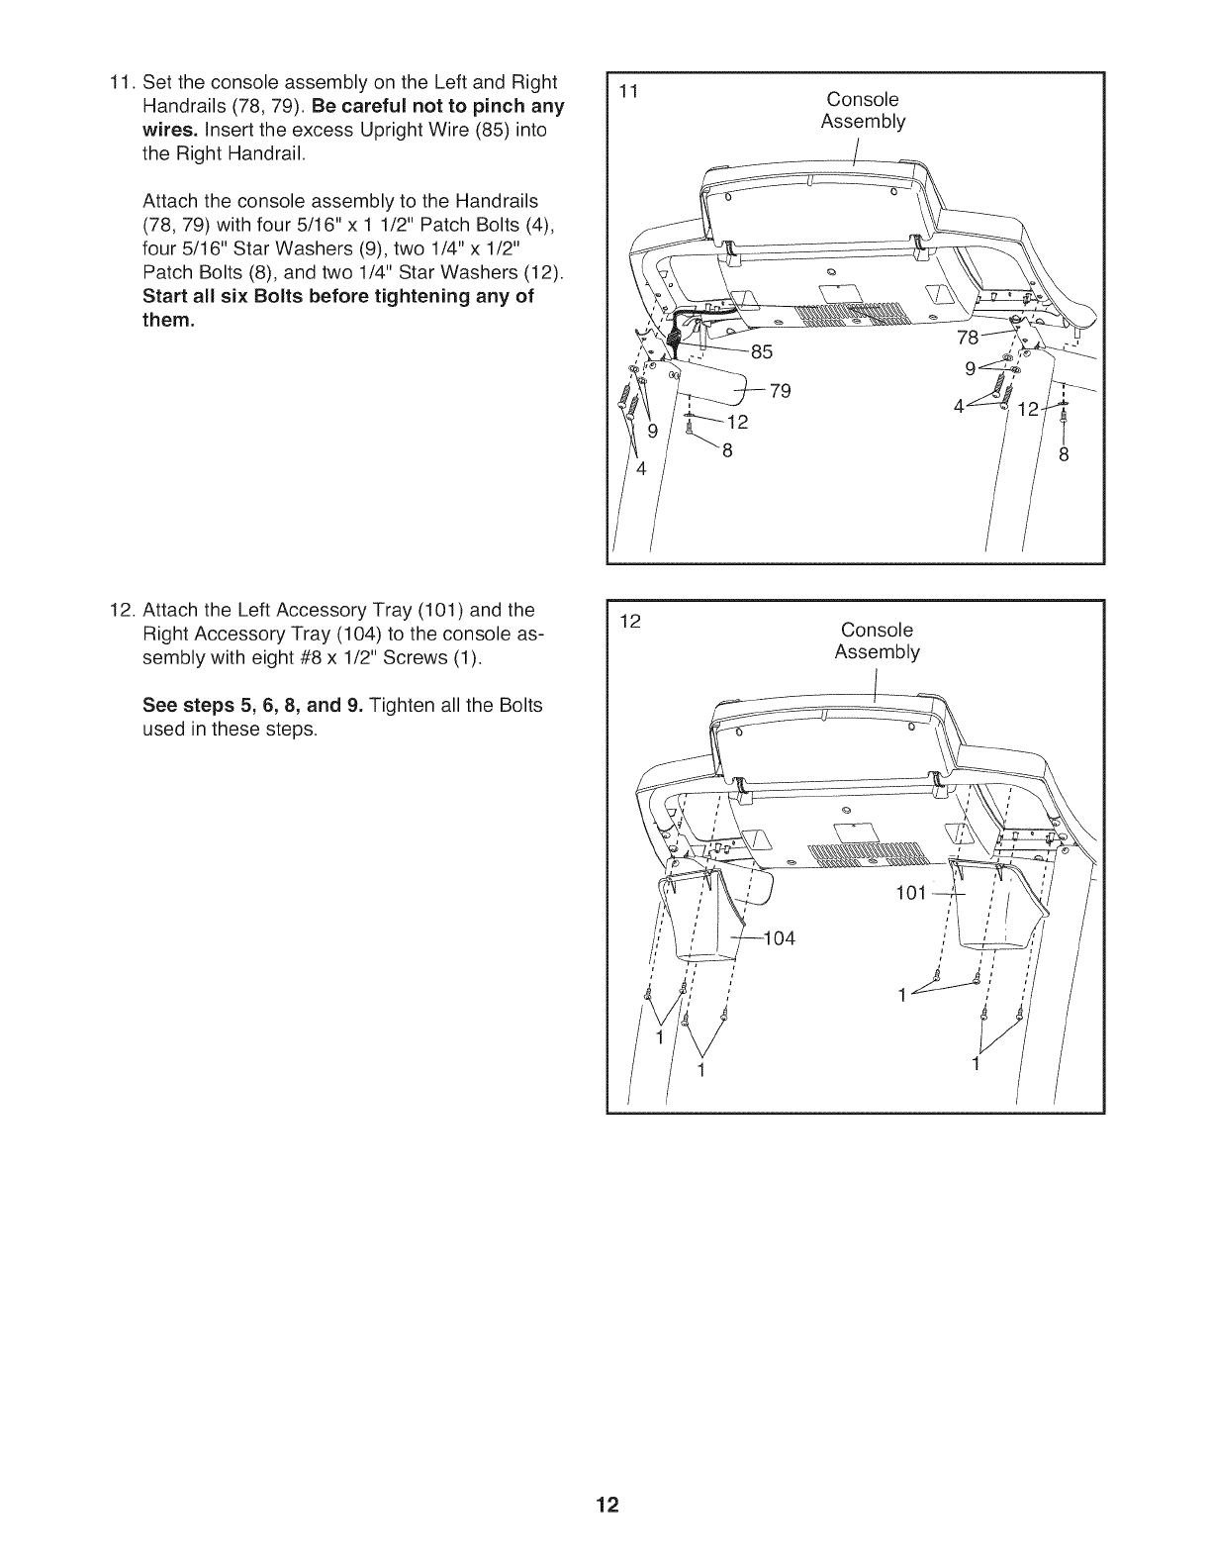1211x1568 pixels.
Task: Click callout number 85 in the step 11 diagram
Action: (763, 351)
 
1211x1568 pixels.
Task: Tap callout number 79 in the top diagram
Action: (780, 391)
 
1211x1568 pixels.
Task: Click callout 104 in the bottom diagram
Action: (779, 937)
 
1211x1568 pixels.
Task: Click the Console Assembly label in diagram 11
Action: (863, 110)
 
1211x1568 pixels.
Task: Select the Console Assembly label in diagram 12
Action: (877, 640)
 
